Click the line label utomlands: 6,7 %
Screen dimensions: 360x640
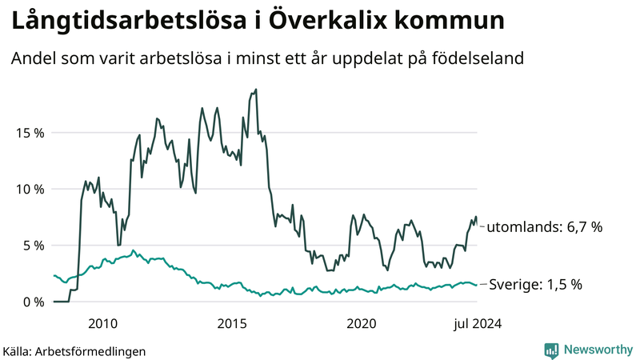[544, 227]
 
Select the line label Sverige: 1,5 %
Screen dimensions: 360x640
[535, 284]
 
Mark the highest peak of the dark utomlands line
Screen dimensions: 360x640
[256, 90]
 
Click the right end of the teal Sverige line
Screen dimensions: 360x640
[478, 285]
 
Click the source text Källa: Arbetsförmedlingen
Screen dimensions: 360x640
[74, 350]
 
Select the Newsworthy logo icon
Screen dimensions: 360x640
[551, 350]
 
